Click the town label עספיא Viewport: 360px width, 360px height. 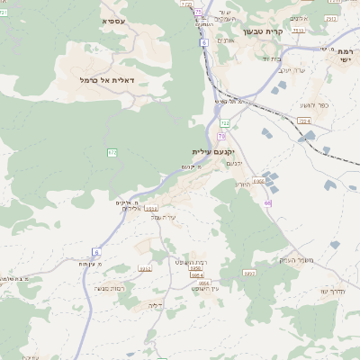point(114,20)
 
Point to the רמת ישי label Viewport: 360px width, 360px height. point(346,55)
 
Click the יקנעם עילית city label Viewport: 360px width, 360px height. point(212,152)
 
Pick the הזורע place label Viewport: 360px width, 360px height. point(243,184)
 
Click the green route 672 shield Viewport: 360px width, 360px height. point(112,153)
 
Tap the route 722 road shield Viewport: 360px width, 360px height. point(224,122)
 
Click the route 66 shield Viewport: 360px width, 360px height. point(267,202)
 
